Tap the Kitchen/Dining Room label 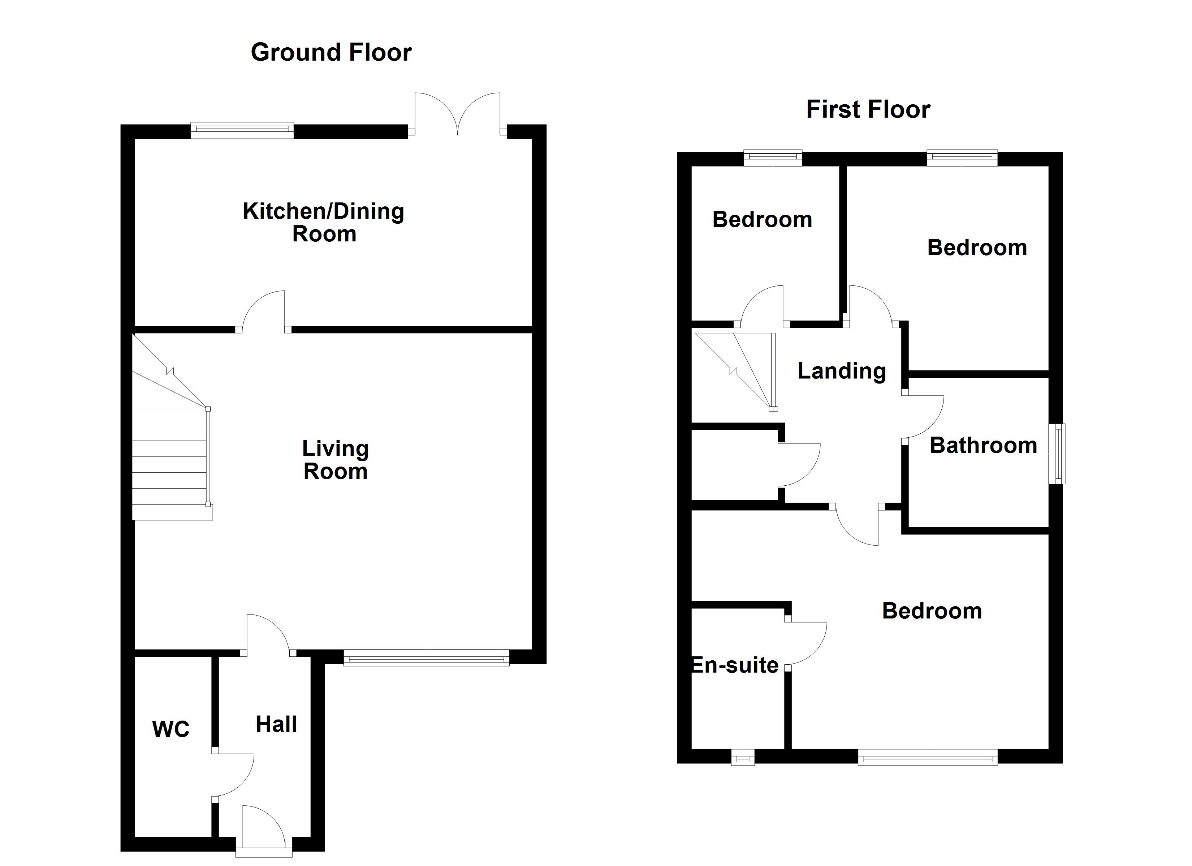(323, 222)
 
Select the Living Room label (335, 460)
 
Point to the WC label (171, 730)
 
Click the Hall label (276, 725)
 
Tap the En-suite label (735, 665)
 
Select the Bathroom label (983, 445)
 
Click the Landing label (841, 371)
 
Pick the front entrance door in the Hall (263, 827)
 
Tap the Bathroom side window (1057, 454)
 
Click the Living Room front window (426, 657)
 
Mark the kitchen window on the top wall (242, 130)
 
